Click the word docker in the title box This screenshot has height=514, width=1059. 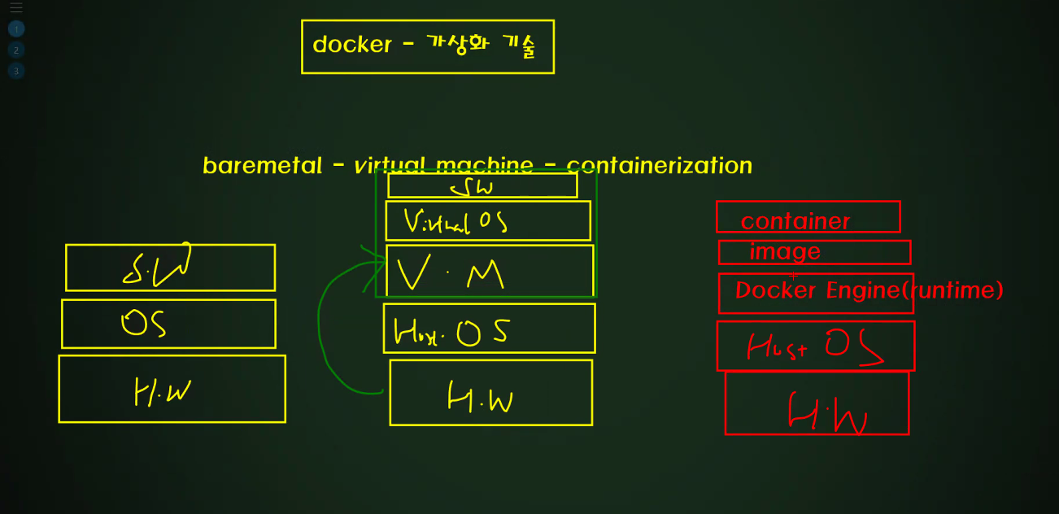point(351,45)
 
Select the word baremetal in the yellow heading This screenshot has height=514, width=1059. point(262,166)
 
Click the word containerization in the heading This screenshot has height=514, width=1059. point(659,166)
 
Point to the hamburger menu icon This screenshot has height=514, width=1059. point(16,8)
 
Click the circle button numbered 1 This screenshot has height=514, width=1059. point(16,29)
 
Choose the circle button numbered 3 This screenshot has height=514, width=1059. point(16,71)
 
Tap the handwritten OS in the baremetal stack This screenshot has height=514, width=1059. point(144,324)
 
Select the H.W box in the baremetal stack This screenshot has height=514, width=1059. point(172,389)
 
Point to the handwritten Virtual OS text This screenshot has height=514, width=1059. point(455,221)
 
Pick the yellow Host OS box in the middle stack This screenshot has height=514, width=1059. point(489,329)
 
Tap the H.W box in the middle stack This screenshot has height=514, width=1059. point(490,393)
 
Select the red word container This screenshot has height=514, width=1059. point(795,221)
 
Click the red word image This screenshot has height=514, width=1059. point(784,252)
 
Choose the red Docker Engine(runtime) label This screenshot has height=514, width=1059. point(869,290)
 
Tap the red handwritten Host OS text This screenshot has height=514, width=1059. point(814,346)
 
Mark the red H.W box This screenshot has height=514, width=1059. point(817,403)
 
